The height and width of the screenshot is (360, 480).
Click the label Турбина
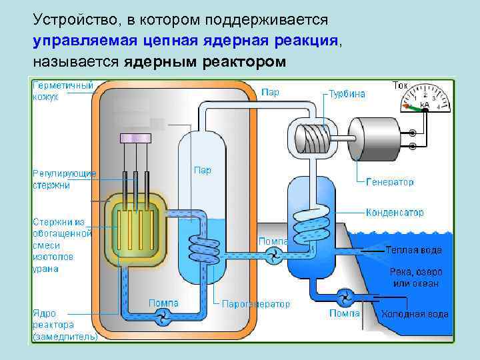point(347,94)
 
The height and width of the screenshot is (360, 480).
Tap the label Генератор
point(389,181)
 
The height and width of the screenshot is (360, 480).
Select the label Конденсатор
point(394,213)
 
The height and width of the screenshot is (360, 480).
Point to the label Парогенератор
point(256,304)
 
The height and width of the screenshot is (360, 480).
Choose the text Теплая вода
point(413,250)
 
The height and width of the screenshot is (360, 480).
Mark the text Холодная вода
point(415,314)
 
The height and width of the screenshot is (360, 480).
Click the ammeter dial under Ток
point(424,101)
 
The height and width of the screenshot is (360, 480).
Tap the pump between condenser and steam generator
point(273,253)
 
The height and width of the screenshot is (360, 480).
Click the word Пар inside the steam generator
point(202,171)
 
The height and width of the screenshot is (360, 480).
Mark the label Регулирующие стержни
point(64,179)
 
